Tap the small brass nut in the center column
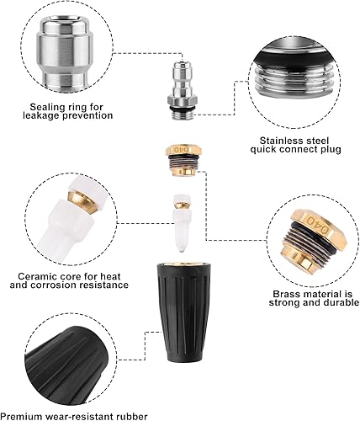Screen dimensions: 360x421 point(183,160)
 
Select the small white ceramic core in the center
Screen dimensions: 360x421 point(183,222)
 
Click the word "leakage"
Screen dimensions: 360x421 point(41,115)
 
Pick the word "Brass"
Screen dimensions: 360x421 point(286,294)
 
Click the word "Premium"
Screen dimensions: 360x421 point(22,416)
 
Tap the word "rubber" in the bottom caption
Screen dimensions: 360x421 point(131,416)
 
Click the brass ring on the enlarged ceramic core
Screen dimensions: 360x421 point(81,199)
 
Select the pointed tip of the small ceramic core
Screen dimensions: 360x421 point(183,249)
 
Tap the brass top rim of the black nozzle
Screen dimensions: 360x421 point(183,264)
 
